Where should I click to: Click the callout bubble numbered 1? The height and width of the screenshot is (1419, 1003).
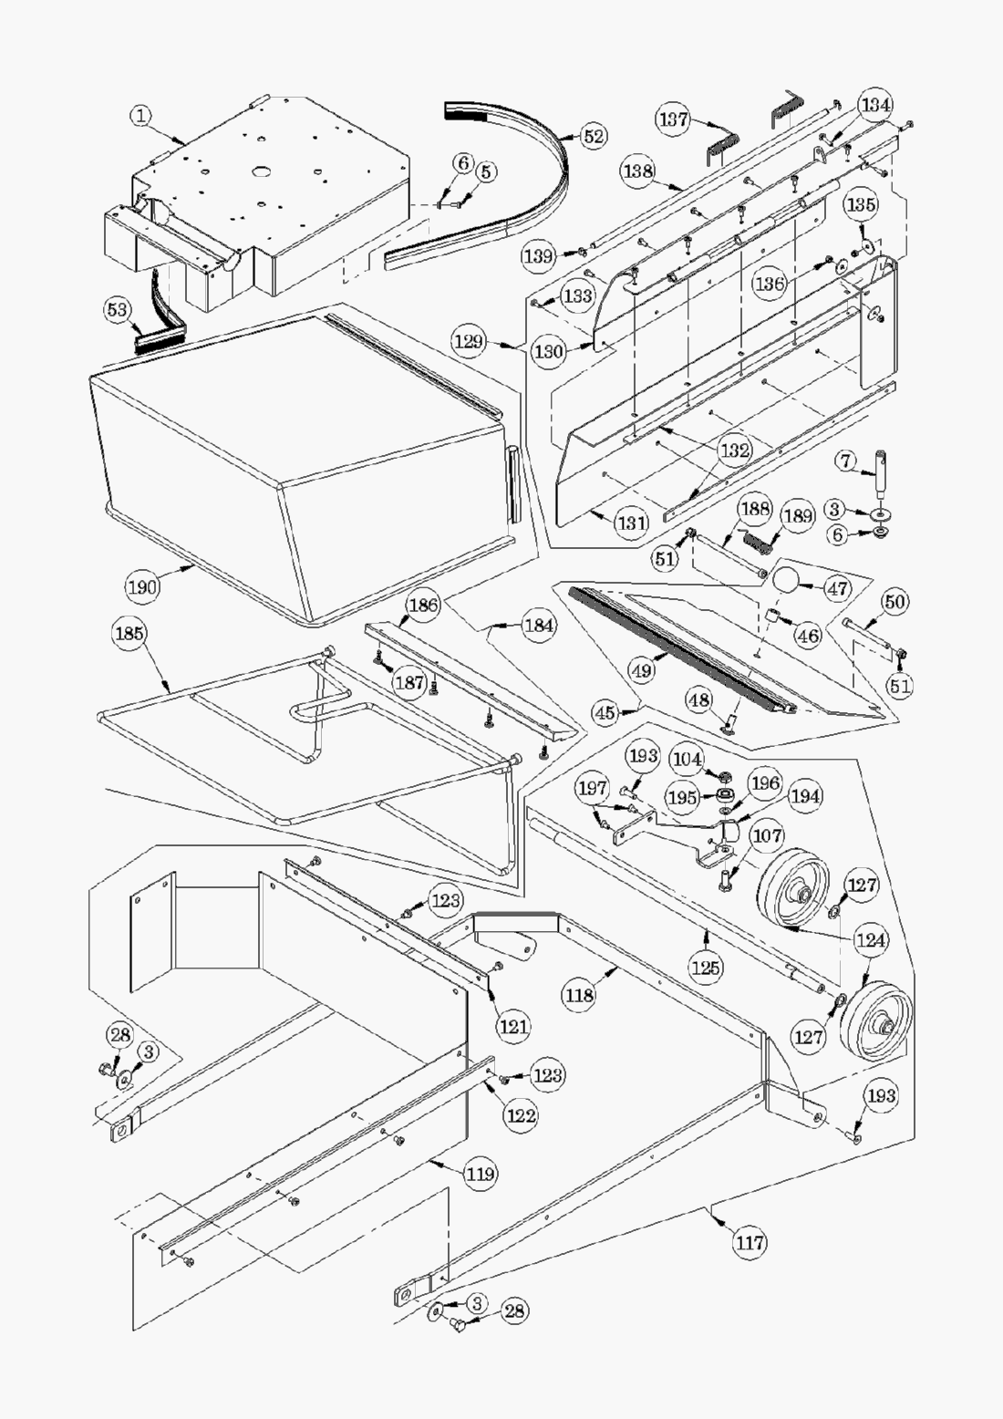(142, 116)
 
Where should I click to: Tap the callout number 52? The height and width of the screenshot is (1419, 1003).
(594, 137)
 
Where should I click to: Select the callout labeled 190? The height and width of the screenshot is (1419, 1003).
(142, 585)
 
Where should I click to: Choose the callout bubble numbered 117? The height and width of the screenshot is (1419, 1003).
(750, 1241)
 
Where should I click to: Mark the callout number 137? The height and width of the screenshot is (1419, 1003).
(674, 119)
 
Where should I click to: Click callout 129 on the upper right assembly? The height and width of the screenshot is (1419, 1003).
(469, 342)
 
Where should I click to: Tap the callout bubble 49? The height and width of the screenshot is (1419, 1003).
(642, 670)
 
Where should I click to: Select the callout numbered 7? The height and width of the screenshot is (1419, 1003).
(846, 463)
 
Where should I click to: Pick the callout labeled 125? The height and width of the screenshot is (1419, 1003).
(707, 967)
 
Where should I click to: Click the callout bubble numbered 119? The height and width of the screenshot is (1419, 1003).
(481, 1174)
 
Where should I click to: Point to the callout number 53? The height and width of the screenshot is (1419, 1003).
(118, 311)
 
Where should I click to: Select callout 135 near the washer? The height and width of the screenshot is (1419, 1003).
(861, 205)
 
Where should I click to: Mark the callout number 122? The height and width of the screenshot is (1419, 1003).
(522, 1114)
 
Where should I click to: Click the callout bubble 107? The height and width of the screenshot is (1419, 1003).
(767, 834)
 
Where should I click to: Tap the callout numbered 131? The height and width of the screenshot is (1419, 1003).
(631, 523)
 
